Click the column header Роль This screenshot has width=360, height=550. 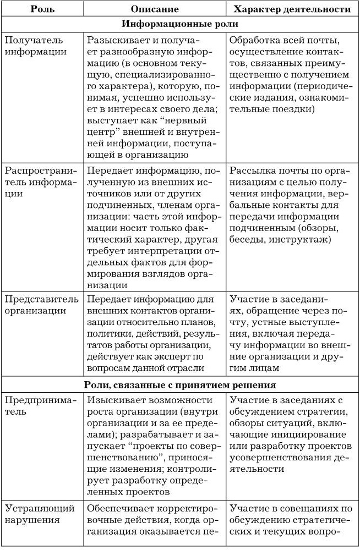pyautogui.click(x=41, y=9)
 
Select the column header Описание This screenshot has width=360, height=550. pyautogui.click(x=155, y=9)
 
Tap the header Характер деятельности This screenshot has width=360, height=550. pyautogui.click(x=292, y=9)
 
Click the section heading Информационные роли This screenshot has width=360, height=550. pyautogui.click(x=179, y=25)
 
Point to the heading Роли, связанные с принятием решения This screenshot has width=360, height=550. pyautogui.click(x=180, y=384)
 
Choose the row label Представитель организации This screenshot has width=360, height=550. pyautogui.click(x=37, y=305)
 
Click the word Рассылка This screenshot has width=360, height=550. pyautogui.click(x=251, y=170)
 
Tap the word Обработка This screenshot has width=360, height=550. pyautogui.click(x=253, y=41)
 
